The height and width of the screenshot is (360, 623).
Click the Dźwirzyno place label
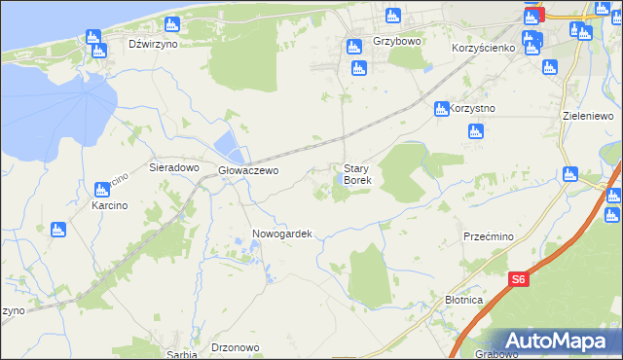click(153, 45)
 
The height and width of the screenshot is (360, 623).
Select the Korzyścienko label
click(483, 48)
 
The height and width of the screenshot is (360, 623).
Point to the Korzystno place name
click(474, 108)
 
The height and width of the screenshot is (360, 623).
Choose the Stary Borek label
click(357, 174)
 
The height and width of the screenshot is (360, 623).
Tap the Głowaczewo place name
click(248, 170)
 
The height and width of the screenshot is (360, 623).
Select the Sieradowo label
click(173, 167)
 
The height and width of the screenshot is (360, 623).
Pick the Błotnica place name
click(463, 301)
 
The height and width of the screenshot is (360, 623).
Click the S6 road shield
click(520, 280)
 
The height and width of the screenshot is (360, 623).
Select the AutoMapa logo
click(554, 341)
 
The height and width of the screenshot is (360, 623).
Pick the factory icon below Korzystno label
click(474, 132)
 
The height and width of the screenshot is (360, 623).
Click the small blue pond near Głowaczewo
click(228, 148)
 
